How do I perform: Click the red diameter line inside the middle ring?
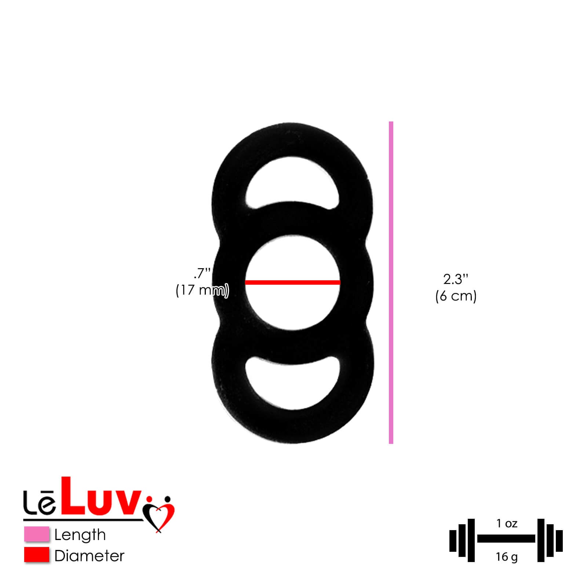pyautogui.click(x=292, y=282)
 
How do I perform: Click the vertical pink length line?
pyautogui.click(x=391, y=282)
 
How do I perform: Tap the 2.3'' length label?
pyautogui.click(x=456, y=279)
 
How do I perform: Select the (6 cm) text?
pyautogui.click(x=456, y=296)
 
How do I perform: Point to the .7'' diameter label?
pyautogui.click(x=202, y=274)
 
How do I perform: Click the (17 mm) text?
pyautogui.click(x=202, y=291)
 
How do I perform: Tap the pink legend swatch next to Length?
pyautogui.click(x=37, y=534)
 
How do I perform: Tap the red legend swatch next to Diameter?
pyautogui.click(x=37, y=555)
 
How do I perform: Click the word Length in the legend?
pyautogui.click(x=80, y=535)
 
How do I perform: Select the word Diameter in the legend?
pyautogui.click(x=89, y=556)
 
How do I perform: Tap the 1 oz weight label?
pyautogui.click(x=507, y=524)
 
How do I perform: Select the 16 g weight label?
pyautogui.click(x=507, y=557)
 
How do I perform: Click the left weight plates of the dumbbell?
pyautogui.click(x=462, y=540)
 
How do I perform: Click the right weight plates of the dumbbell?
pyautogui.click(x=550, y=540)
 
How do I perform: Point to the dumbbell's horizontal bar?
pyautogui.click(x=506, y=539)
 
